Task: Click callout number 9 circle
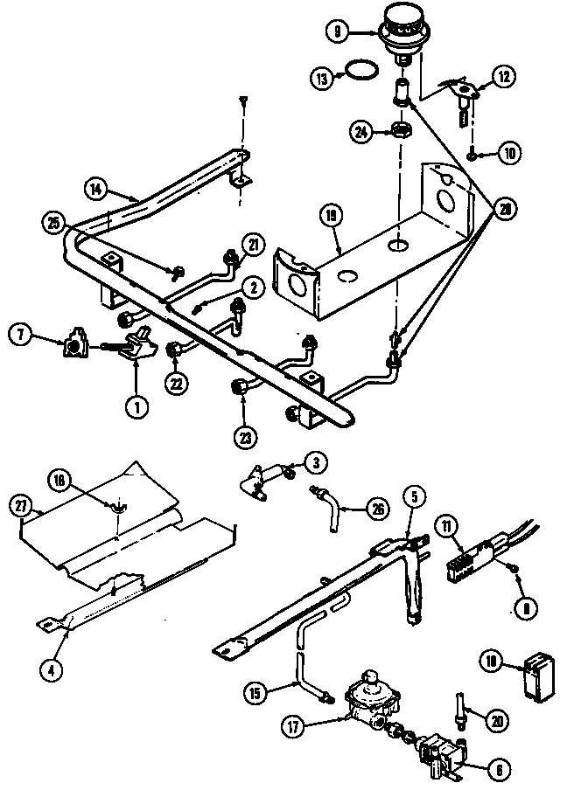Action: point(338,31)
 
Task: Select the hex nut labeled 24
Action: point(402,132)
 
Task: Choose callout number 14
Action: point(96,187)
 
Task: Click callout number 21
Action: point(254,246)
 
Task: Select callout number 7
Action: point(22,332)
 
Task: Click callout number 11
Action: point(448,527)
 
